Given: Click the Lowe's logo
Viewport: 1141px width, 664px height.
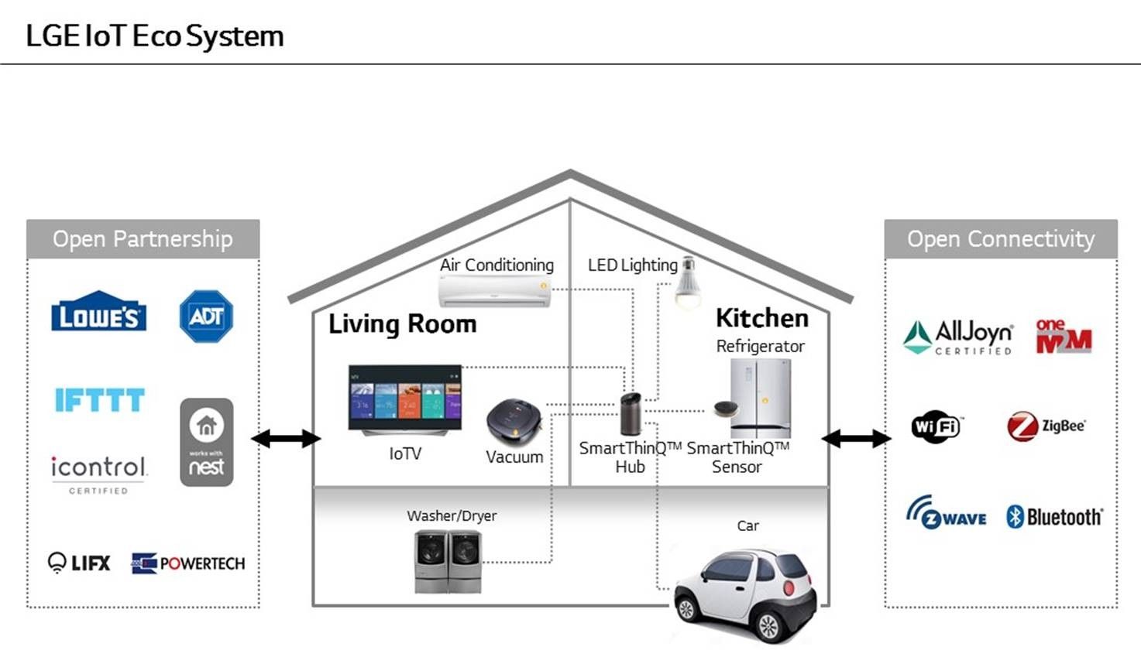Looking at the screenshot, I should (98, 313).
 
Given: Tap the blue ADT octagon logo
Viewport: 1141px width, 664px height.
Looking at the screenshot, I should (206, 317).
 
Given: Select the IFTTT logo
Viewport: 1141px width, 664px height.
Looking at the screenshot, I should (99, 399).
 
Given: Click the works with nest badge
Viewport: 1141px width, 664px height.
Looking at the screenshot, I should (207, 442).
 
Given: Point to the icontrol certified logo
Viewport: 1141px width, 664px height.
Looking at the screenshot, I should (98, 473).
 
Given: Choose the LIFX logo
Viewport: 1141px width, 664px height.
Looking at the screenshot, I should (79, 563).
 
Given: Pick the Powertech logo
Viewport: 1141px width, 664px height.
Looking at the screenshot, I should (188, 563).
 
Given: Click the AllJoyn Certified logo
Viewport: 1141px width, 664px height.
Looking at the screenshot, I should (958, 337).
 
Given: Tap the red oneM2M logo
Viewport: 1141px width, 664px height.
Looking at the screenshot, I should (1063, 337).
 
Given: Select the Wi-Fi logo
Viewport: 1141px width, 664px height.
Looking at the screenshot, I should (936, 426).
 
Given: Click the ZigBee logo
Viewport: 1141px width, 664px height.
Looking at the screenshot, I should (1046, 426).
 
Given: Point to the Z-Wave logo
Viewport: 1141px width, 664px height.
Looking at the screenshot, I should (946, 514).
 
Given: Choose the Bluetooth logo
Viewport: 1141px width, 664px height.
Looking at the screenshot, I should (1054, 517).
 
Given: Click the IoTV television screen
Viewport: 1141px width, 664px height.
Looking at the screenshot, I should (404, 397).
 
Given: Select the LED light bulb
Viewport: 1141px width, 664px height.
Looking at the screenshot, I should (687, 282).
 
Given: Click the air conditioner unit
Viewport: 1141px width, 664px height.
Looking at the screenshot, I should (494, 292).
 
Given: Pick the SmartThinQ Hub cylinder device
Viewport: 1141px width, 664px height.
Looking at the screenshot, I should (631, 414).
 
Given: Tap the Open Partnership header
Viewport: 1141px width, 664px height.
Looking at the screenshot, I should (143, 239).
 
